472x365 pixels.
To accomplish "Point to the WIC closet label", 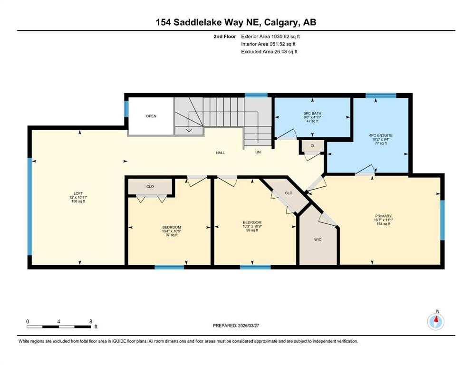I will click(x=318, y=240).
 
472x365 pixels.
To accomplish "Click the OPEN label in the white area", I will click(x=151, y=116).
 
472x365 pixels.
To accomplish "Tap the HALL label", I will click(x=220, y=153).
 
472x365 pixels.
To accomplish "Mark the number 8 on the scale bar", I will click(x=90, y=321).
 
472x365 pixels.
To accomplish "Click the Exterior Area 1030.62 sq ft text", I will click(x=270, y=36).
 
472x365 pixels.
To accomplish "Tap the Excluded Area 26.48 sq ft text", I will click(x=269, y=52).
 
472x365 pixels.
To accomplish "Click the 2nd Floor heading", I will click(x=226, y=36).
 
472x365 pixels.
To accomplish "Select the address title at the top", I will click(x=236, y=22).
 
